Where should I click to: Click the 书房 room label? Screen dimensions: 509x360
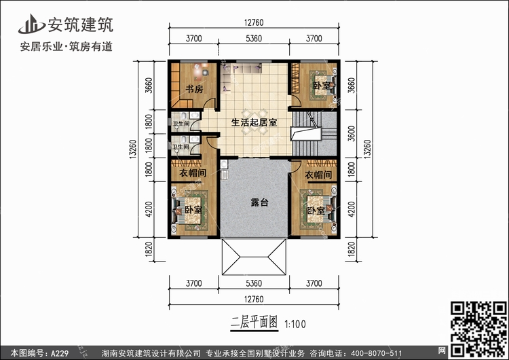(195, 89)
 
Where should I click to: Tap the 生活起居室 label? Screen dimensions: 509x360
(254, 122)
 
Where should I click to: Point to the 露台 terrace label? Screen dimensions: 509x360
(260, 202)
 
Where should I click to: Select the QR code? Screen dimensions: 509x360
(478, 329)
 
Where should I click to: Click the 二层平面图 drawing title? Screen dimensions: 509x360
(254, 323)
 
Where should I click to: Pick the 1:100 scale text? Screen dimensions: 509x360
(295, 324)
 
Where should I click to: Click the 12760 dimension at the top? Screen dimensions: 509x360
(254, 22)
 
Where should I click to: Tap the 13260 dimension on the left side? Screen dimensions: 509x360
(133, 149)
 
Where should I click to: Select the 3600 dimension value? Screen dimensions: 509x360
(352, 133)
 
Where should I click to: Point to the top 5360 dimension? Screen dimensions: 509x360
(254, 38)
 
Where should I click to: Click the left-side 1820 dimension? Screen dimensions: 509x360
(149, 249)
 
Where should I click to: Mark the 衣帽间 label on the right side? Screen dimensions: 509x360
(318, 175)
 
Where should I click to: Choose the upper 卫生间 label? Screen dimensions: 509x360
(181, 124)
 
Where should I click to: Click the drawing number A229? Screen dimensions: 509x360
(60, 353)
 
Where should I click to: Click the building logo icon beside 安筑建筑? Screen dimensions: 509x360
(31, 24)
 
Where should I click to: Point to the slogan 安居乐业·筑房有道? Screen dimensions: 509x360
(67, 47)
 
